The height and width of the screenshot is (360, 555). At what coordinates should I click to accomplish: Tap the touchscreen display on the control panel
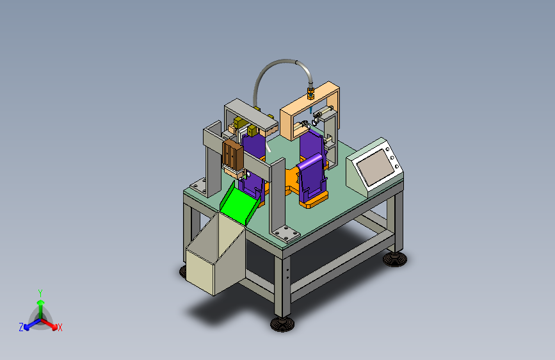[x=375, y=167]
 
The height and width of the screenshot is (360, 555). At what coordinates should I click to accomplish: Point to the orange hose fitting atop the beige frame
[x=310, y=93]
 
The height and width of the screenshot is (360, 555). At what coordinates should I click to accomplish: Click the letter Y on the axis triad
[x=40, y=293]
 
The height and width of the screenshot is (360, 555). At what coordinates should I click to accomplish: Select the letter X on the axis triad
[x=60, y=327]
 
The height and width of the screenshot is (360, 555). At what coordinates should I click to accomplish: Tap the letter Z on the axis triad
[x=21, y=327]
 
